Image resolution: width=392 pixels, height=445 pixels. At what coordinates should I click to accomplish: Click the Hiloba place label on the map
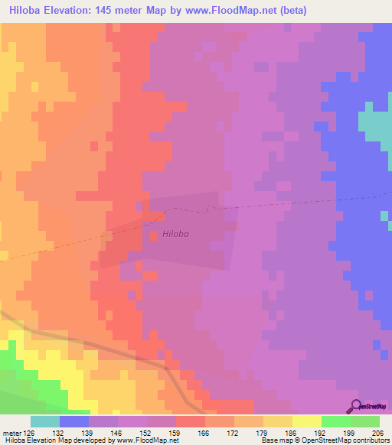pyautogui.click(x=175, y=234)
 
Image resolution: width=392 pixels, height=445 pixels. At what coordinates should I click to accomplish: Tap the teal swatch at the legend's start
pyautogui.click(x=45, y=422)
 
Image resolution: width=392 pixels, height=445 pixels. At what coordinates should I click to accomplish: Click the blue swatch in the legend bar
pyautogui.click(x=74, y=422)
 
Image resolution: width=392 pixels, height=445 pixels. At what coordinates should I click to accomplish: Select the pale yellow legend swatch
pyautogui.click(x=307, y=422)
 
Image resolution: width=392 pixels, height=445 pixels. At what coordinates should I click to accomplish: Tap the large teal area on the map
pyautogui.click(x=374, y=122)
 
